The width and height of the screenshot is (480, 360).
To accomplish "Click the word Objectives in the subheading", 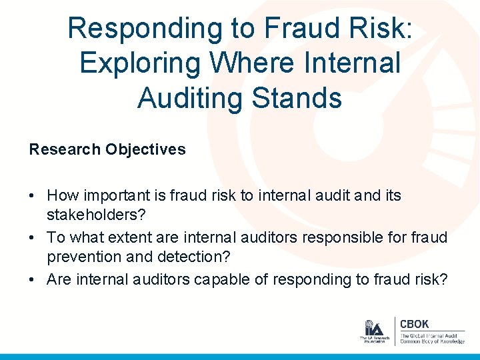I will point(145,149).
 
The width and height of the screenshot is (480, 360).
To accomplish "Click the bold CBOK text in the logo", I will point(415,324).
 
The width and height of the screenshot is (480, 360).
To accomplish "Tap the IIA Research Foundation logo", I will point(373,331).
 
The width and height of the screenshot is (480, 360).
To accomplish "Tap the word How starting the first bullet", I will point(63,195).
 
